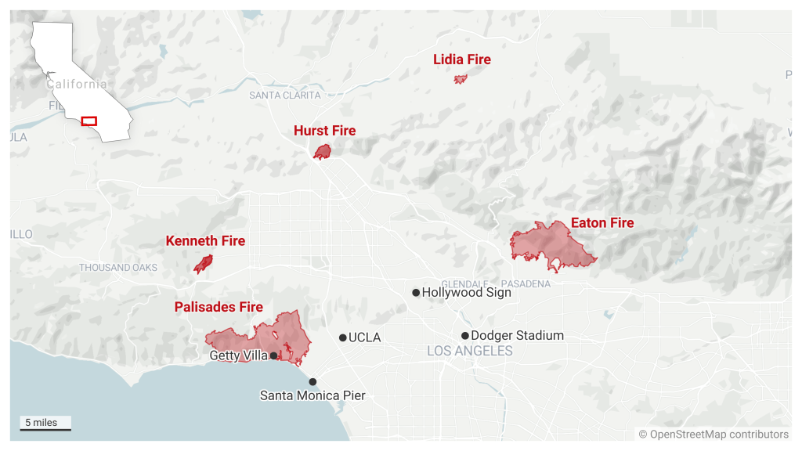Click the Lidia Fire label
point(462,60)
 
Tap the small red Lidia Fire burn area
point(461,78)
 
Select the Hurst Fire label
point(324,131)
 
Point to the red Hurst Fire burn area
point(322,152)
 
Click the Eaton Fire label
point(601,223)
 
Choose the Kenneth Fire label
point(205,241)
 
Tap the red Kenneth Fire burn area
point(203,265)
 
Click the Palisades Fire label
point(219,307)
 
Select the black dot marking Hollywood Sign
point(416,293)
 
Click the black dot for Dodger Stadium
point(465,335)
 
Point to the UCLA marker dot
point(343,337)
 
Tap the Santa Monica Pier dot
point(312,382)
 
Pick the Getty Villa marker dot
point(273,355)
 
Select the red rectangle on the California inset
point(89,121)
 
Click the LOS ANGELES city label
point(470,352)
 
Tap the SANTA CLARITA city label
point(285,95)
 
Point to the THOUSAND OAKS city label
point(118,268)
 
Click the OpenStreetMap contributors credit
point(713,435)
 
